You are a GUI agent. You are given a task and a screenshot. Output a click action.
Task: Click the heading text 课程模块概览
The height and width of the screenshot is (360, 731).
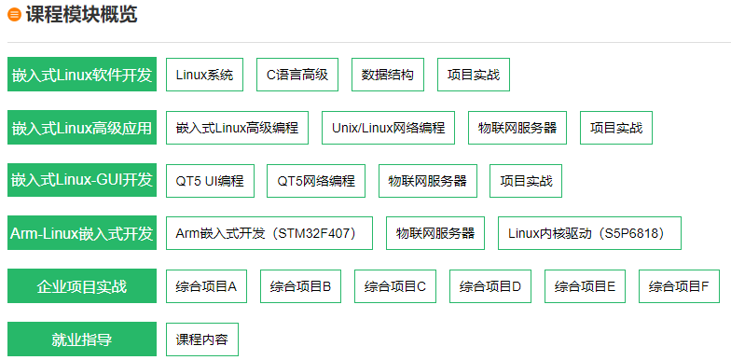[x=81, y=14]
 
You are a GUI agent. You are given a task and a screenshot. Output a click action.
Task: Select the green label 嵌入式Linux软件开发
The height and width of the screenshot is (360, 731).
[x=81, y=75]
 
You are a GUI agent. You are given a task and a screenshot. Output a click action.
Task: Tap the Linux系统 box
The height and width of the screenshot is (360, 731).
[x=205, y=75]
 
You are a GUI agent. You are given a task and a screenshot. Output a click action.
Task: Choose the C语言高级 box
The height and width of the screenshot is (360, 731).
[x=297, y=75]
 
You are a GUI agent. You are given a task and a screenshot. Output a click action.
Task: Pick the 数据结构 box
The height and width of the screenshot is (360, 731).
[x=388, y=75]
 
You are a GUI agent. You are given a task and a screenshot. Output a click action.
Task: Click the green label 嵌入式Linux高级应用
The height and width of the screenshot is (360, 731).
[x=81, y=128]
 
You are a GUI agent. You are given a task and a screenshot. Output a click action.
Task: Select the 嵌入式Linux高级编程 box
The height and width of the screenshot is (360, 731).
[x=237, y=128]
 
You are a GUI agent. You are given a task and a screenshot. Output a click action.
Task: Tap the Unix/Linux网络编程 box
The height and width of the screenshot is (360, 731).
[x=388, y=128]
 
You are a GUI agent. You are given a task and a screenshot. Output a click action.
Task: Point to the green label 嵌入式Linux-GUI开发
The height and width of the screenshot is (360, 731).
[x=81, y=180]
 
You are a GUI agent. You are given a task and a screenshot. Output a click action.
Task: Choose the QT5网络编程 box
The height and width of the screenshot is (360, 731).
[x=316, y=181]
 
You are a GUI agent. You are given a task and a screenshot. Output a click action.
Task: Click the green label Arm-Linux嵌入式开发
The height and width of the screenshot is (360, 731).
[x=81, y=233]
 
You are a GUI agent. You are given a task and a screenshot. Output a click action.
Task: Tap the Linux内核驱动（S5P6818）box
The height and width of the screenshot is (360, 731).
[x=589, y=233]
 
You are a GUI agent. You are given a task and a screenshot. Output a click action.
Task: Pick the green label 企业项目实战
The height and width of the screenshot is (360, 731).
[x=81, y=286]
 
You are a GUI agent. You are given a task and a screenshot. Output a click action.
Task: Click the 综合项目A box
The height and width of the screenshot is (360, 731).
[x=206, y=286]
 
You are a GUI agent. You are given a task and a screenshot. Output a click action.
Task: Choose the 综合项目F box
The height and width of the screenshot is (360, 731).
[x=679, y=286]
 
